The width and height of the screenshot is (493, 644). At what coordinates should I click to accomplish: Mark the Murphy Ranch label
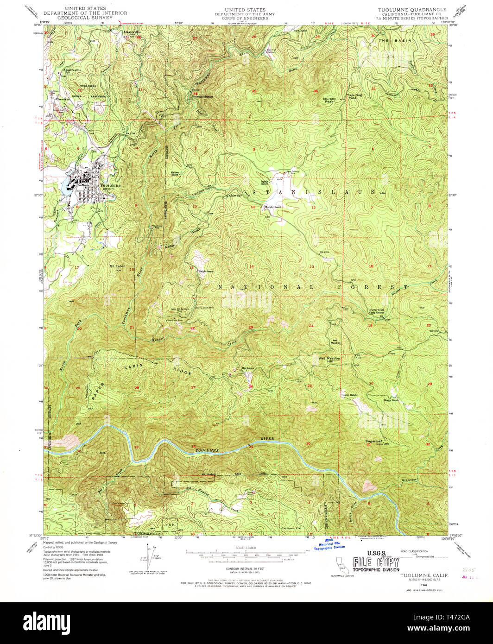click(x=273, y=207)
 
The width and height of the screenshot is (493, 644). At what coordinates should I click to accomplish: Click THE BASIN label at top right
click(x=389, y=41)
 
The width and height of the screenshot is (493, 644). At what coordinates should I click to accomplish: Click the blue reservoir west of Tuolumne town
click(x=63, y=186)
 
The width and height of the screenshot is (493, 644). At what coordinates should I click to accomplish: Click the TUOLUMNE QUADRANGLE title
click(x=412, y=10)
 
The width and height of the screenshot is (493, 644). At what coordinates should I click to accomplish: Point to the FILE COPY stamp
click(x=376, y=563)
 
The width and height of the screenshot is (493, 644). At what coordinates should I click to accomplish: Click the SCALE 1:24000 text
click(x=246, y=548)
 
